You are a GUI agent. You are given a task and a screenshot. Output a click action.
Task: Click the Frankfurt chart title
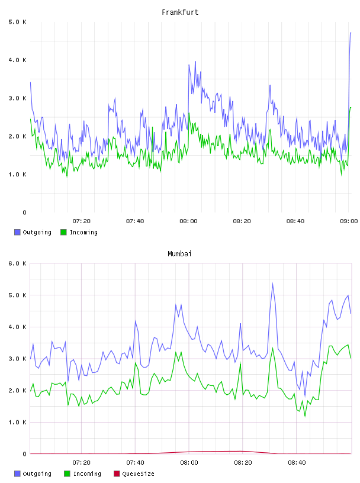pos(180,12)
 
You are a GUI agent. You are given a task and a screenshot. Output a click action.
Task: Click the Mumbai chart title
pos(179,254)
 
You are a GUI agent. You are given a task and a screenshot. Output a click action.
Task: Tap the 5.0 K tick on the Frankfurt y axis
pos(18,22)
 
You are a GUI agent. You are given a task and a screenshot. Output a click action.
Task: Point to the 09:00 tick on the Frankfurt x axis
pos(349,221)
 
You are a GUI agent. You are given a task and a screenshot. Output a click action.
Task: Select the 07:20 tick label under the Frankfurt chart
pos(82,221)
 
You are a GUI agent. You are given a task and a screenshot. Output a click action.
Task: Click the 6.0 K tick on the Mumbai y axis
pos(18,263)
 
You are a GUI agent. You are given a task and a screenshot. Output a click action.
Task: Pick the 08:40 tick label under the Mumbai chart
pos(297,463)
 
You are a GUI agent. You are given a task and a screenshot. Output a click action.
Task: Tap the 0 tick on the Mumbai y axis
pos(25,454)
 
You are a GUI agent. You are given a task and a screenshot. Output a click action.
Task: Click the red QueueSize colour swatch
pos(117,474)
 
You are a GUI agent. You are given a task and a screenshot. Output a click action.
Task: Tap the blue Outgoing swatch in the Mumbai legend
pos(17,474)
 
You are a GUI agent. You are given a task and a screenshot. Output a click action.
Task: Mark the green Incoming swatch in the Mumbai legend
pos(67,474)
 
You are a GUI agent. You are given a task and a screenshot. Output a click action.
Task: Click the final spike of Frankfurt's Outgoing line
pos(351,33)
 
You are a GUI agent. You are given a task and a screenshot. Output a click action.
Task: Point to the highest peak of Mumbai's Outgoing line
pos(272,284)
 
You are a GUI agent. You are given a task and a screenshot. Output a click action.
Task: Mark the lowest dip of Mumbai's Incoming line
pos(305,416)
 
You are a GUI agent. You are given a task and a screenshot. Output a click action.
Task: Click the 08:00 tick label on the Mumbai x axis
pos(189,463)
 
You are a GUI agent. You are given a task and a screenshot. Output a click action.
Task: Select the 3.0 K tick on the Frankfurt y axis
pos(18,98)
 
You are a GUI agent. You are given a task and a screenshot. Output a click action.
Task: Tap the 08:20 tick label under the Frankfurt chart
pos(242,221)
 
